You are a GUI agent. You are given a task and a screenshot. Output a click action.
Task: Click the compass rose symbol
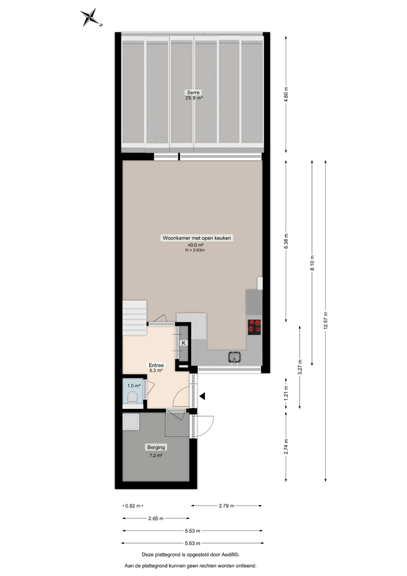tap(90, 18)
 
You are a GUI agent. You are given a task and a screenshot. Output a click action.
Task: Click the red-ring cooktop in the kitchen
tap(254, 326)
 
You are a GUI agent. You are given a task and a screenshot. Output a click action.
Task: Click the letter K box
tap(184, 343)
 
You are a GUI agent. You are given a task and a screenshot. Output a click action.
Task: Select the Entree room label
tap(156, 365)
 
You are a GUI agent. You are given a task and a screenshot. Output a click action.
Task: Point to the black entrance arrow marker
tap(203, 395)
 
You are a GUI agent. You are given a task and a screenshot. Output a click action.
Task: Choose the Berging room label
tap(155, 448)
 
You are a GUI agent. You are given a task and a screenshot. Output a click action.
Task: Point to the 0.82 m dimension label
tap(134, 506)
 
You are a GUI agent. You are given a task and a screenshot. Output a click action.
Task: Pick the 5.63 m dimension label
tap(192, 543)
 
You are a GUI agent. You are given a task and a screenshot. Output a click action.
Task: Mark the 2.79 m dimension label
tap(227, 506)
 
